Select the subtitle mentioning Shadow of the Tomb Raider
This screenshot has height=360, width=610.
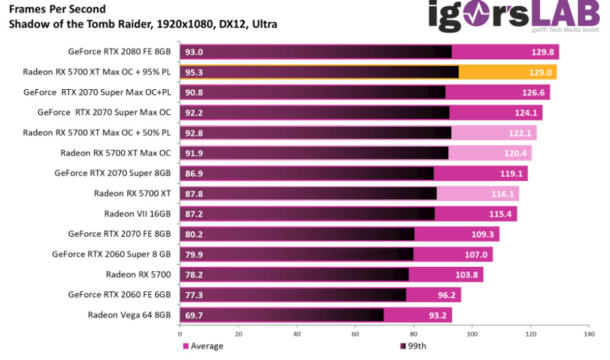click(x=142, y=24)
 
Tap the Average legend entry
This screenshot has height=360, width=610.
click(x=204, y=346)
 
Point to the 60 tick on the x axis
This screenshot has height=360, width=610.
click(x=355, y=334)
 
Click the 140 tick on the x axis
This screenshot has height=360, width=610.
click(x=588, y=334)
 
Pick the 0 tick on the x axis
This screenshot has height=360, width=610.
click(x=180, y=334)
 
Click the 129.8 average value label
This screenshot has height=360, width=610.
click(x=544, y=52)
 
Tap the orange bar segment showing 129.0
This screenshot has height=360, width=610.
click(x=507, y=72)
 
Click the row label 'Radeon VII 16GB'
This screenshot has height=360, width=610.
click(x=137, y=214)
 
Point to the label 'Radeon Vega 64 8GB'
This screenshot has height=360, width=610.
click(x=129, y=314)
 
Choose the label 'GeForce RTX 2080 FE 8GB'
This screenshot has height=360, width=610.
click(x=119, y=52)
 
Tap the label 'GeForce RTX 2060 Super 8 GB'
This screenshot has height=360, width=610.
click(x=111, y=254)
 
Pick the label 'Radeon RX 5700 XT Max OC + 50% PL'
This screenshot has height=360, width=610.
click(x=97, y=133)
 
